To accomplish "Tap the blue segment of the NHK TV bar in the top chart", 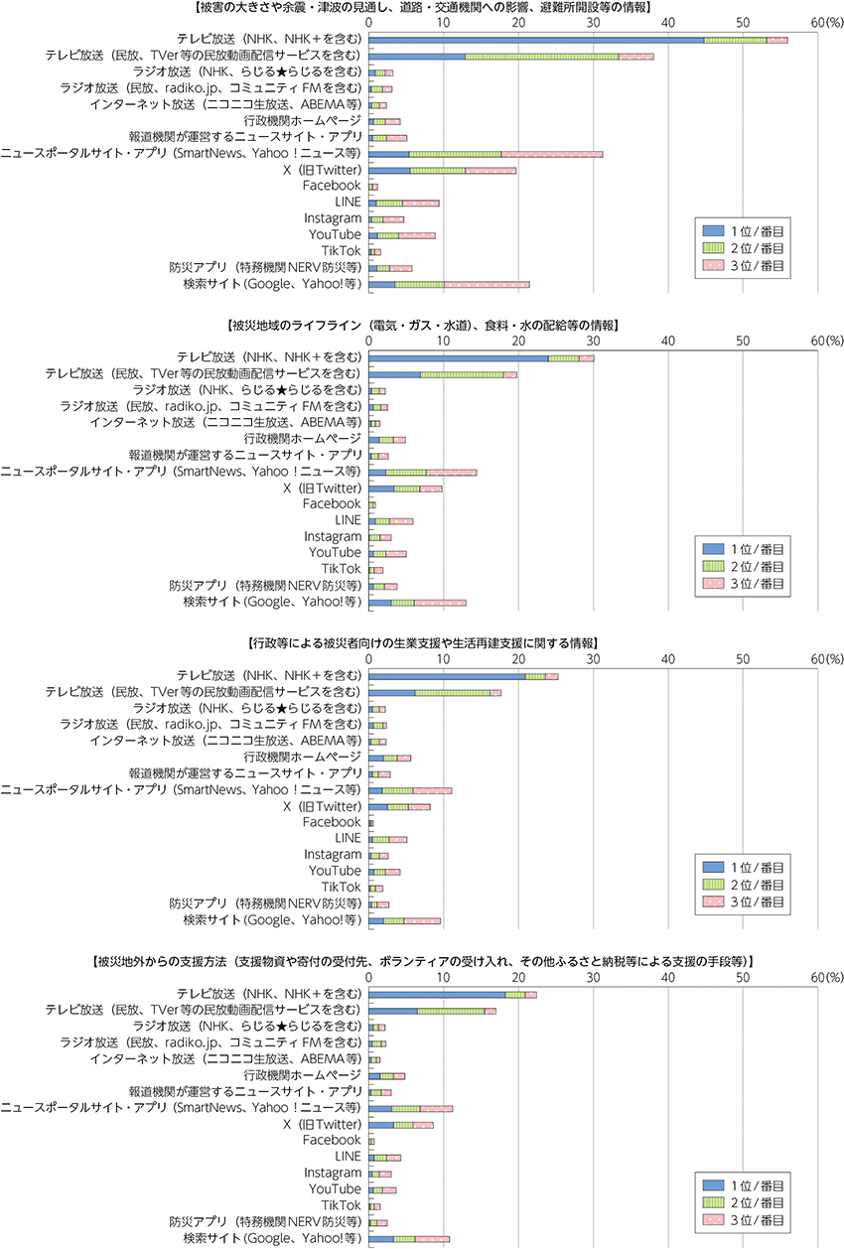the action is point(536,40).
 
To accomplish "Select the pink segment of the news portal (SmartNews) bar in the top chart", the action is point(551,155).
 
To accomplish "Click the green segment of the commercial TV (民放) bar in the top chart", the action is point(542,57).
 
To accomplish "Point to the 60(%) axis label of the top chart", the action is point(827,22).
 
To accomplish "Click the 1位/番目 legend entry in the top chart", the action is point(743,231).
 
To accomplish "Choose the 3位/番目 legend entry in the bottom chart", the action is point(743,1220).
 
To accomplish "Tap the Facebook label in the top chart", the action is point(332,186).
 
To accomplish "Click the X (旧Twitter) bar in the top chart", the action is point(443,171).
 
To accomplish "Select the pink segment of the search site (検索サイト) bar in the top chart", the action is point(487,285).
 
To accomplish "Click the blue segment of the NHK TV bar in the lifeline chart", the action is point(458,358).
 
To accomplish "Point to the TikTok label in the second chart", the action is point(342,569).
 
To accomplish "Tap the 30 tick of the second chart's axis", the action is point(593,341).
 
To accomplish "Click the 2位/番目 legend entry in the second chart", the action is point(743,567).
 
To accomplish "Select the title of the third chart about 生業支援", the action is point(423,643).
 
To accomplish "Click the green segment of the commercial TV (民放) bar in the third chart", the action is point(452,693).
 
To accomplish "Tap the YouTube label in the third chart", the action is point(335,871).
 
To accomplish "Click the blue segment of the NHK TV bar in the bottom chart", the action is point(437,995).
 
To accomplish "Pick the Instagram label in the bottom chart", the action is point(333,1173).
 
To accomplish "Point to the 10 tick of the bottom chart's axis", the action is point(443,977).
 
